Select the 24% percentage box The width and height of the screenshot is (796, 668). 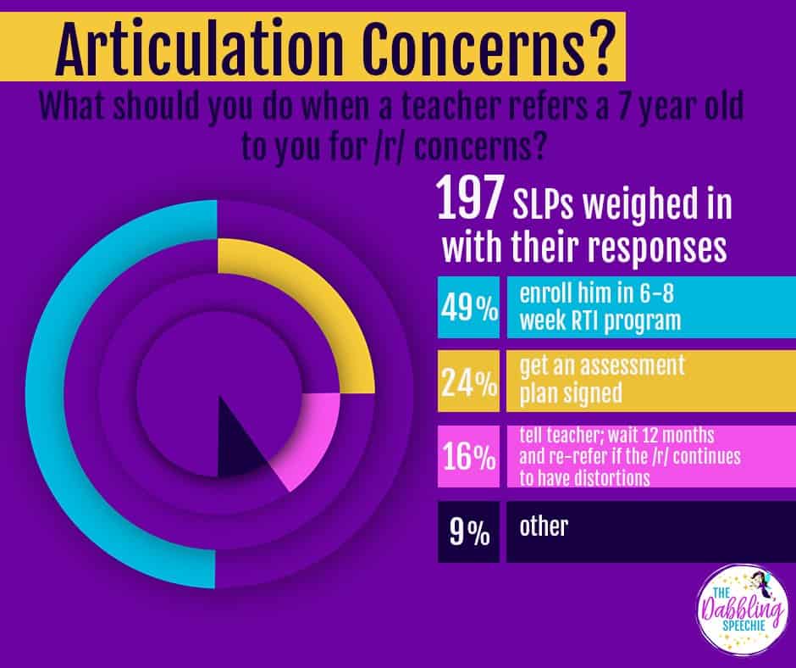click(x=468, y=384)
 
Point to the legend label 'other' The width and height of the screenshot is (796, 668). click(x=543, y=526)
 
